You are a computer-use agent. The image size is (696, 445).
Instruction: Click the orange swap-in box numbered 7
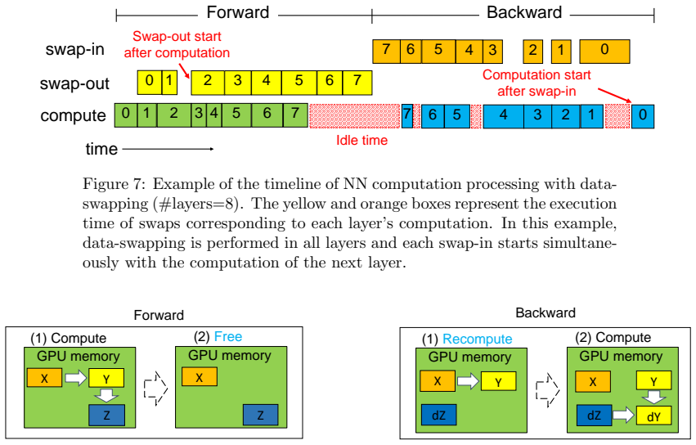coord(386,52)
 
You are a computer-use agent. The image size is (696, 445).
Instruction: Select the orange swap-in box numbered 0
coord(604,52)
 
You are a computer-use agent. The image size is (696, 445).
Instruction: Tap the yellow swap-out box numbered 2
coord(208,83)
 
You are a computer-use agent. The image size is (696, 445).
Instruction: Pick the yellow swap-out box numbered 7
coord(357,83)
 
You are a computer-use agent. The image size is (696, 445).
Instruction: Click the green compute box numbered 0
coord(126,115)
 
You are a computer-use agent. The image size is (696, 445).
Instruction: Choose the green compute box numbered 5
coord(236,115)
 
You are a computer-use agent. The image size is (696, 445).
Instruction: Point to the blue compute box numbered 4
coord(503,116)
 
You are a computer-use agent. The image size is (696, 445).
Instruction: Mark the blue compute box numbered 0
coord(643,116)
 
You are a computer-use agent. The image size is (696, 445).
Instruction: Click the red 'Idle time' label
coord(361,141)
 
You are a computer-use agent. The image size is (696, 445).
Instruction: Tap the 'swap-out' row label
coord(74,83)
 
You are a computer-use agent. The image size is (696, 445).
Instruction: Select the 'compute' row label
coord(74,116)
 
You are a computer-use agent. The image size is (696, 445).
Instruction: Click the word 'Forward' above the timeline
coord(238,12)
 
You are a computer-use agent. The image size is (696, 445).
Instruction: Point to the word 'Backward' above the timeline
coord(524,12)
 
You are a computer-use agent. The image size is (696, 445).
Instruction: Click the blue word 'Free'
coord(228,337)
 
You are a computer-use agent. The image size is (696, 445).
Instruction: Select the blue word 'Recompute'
coord(478,339)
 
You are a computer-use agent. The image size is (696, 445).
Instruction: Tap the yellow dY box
coord(653,416)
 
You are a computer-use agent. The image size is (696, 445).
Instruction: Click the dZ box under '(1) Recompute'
coord(438,415)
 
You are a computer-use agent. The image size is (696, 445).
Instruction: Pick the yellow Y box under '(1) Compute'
coord(106,379)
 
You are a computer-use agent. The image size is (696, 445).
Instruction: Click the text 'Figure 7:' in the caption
coord(113,184)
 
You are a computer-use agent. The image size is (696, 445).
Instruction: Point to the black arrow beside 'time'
coord(168,149)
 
